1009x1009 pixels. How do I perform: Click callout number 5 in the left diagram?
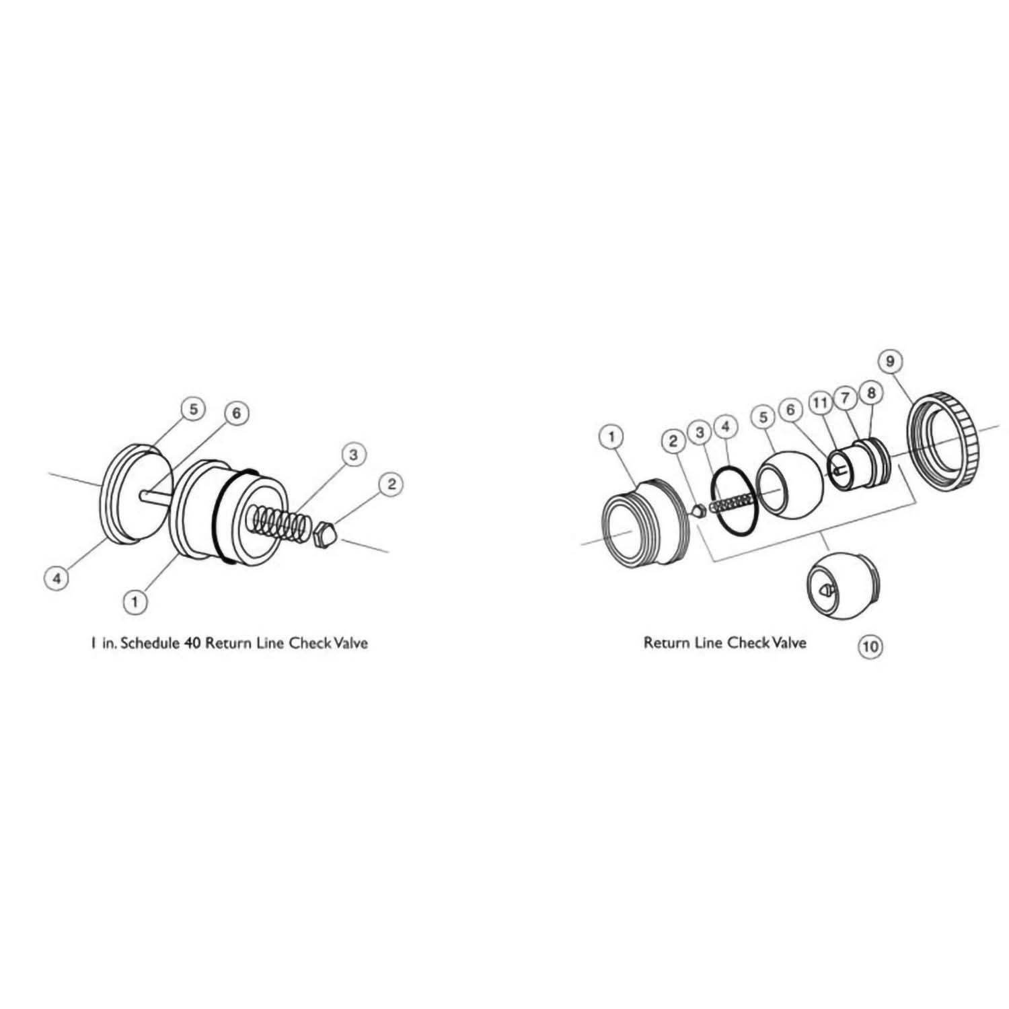click(192, 408)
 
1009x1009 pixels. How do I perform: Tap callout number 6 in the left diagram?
click(236, 413)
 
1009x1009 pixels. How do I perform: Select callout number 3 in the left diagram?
click(352, 455)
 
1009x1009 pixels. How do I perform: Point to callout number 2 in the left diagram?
click(391, 484)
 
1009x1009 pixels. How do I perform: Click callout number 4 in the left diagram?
click(57, 577)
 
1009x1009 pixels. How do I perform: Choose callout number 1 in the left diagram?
click(135, 601)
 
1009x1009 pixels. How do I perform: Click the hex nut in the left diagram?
click(326, 531)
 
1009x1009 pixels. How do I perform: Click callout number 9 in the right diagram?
click(890, 361)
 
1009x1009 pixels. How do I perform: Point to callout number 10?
click(869, 646)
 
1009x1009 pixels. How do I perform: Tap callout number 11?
click(819, 403)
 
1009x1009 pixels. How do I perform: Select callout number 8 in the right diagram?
click(871, 392)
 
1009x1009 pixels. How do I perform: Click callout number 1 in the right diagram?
click(611, 437)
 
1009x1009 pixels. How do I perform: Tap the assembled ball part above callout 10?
click(841, 586)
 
